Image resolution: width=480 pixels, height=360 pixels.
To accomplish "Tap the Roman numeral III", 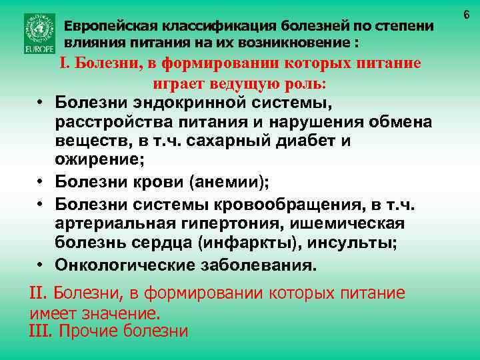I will pos(42,331).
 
